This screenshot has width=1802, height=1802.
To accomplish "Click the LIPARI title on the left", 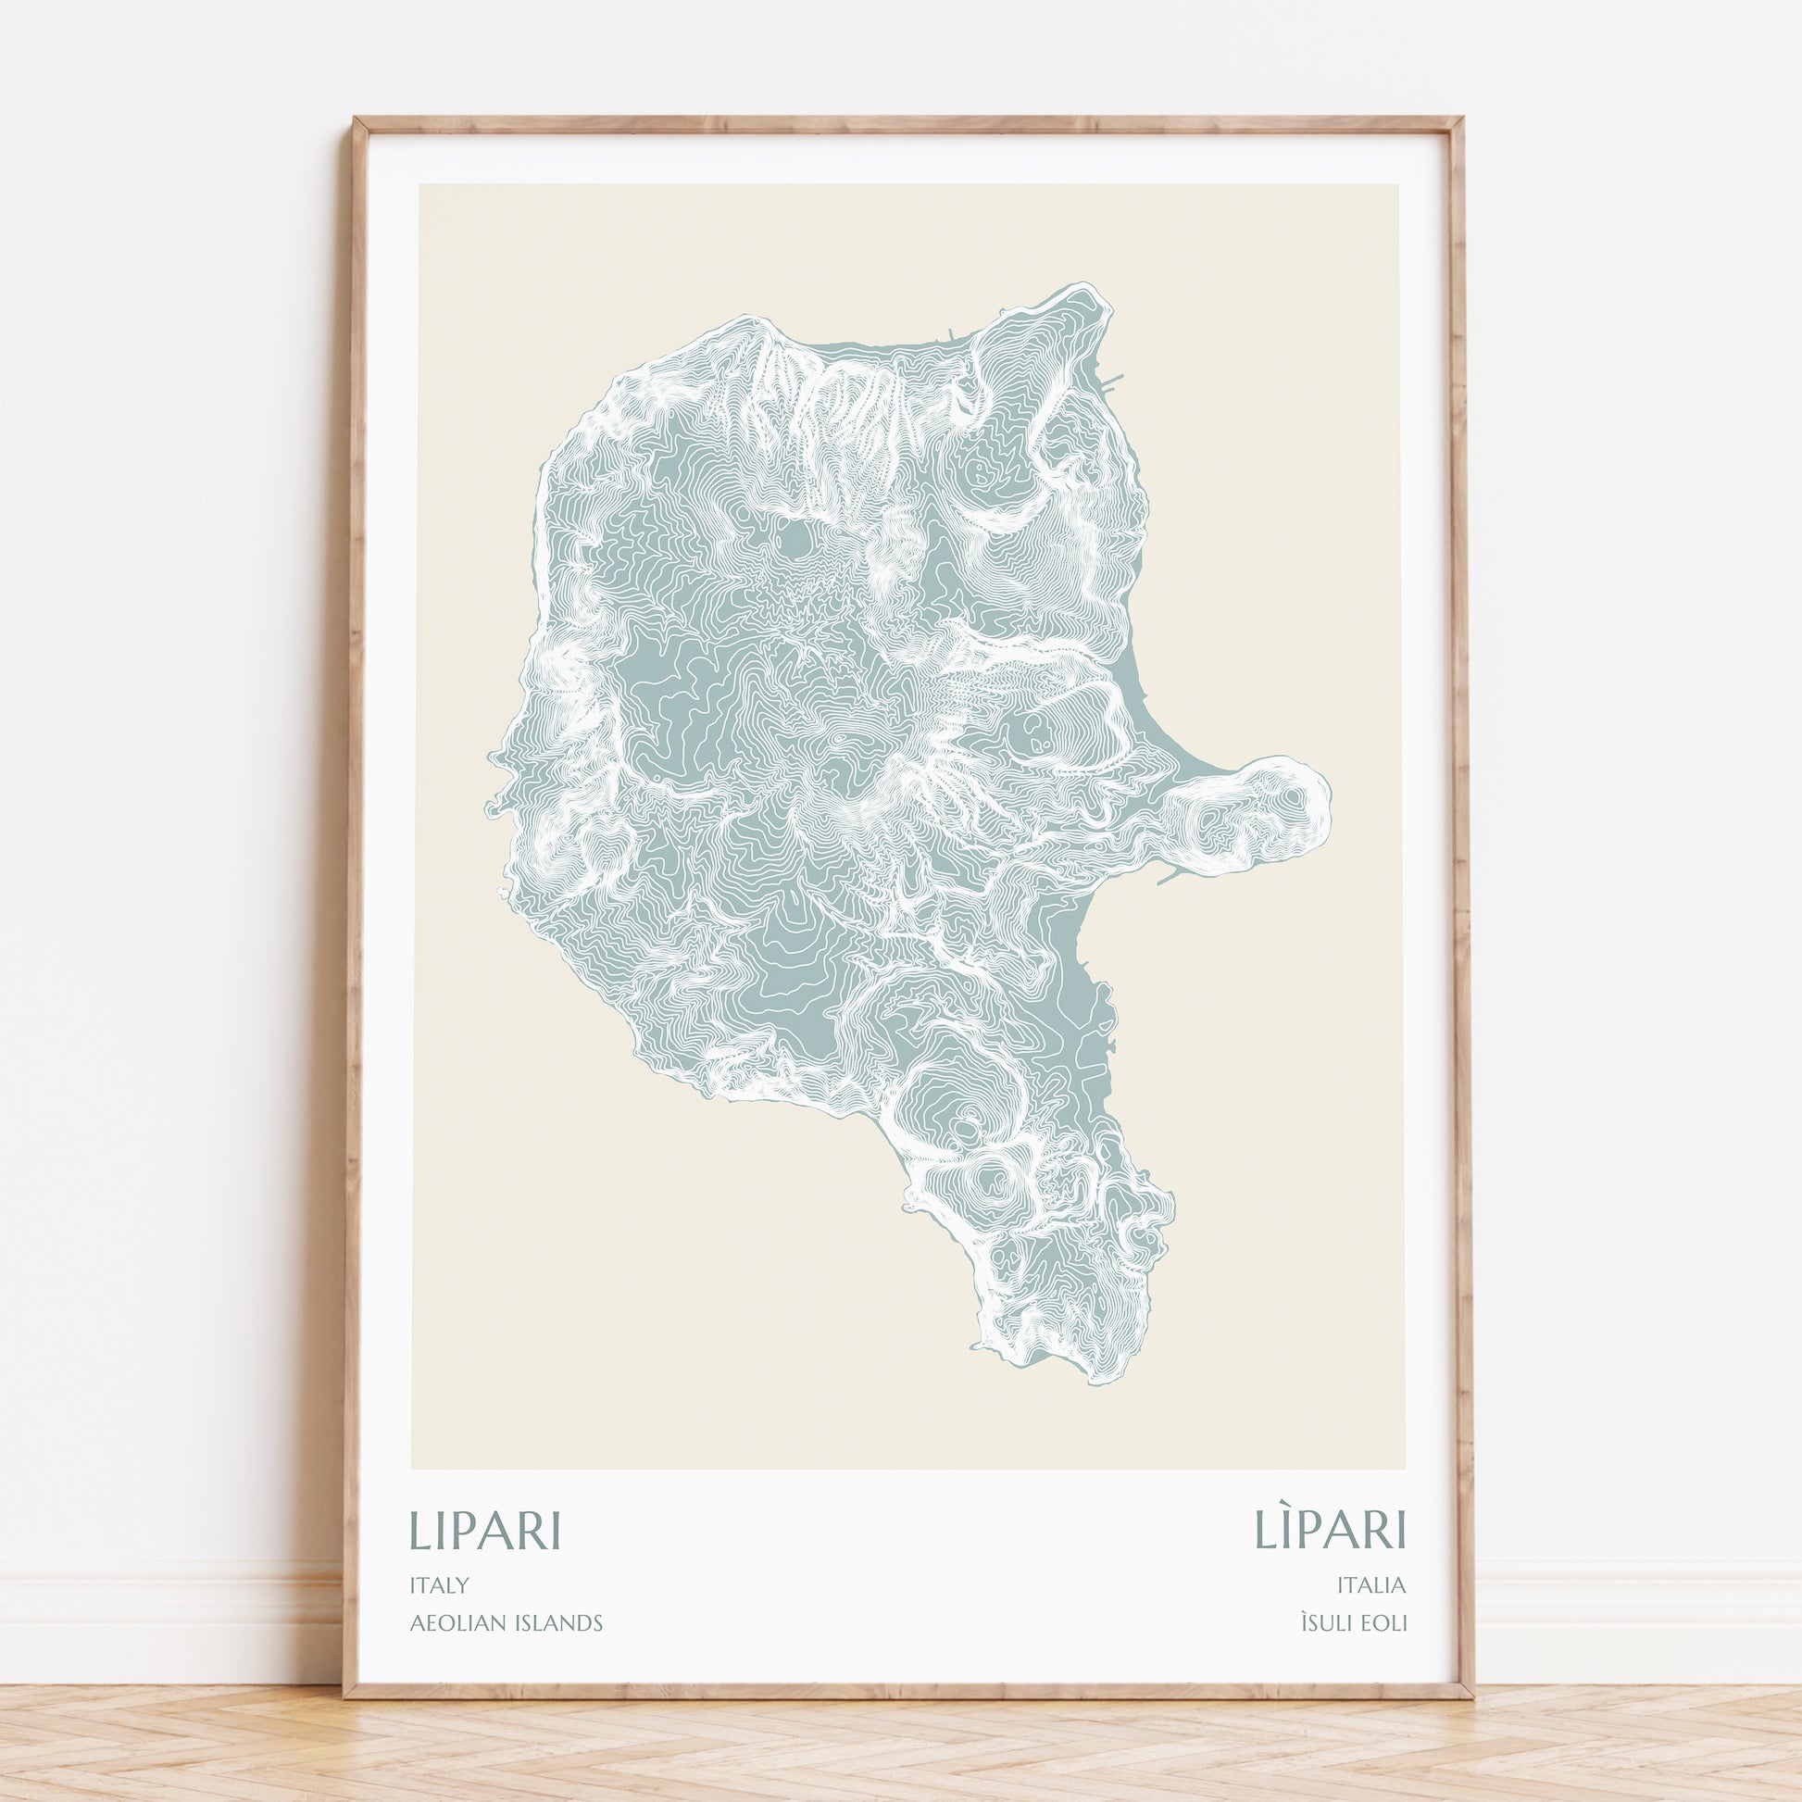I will click(484, 1530).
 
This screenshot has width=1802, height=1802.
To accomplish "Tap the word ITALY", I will click(438, 1584).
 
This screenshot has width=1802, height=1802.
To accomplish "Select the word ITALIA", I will click(1370, 1584).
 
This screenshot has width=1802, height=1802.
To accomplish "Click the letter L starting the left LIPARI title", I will click(419, 1530).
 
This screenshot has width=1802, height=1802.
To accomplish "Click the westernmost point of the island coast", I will click(488, 807).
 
